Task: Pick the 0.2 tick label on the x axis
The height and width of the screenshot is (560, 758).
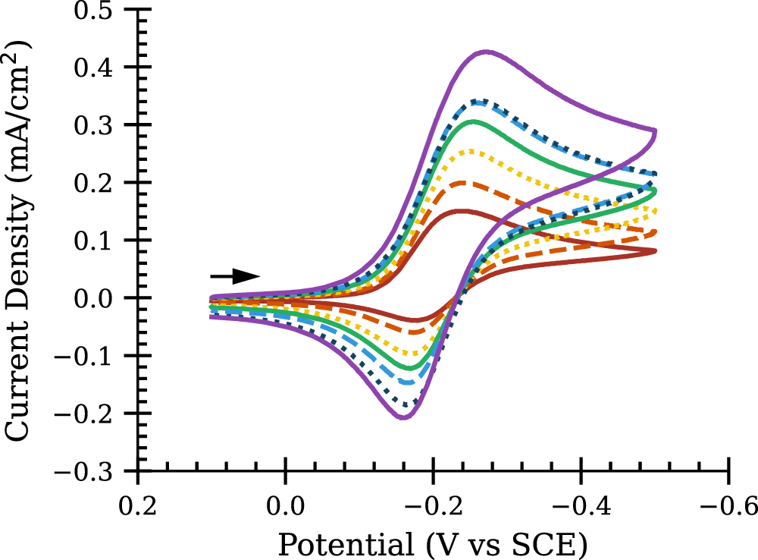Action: click(x=137, y=502)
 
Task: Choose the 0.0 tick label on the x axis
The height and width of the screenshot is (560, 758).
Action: click(x=285, y=502)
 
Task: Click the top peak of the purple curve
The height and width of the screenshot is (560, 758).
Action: click(x=486, y=52)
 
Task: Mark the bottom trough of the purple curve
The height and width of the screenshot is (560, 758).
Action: click(x=404, y=417)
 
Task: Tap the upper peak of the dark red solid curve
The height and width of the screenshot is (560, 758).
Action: click(x=462, y=211)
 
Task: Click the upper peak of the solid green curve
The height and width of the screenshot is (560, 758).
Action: click(x=474, y=121)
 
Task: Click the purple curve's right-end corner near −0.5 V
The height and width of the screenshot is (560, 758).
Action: click(x=654, y=131)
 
